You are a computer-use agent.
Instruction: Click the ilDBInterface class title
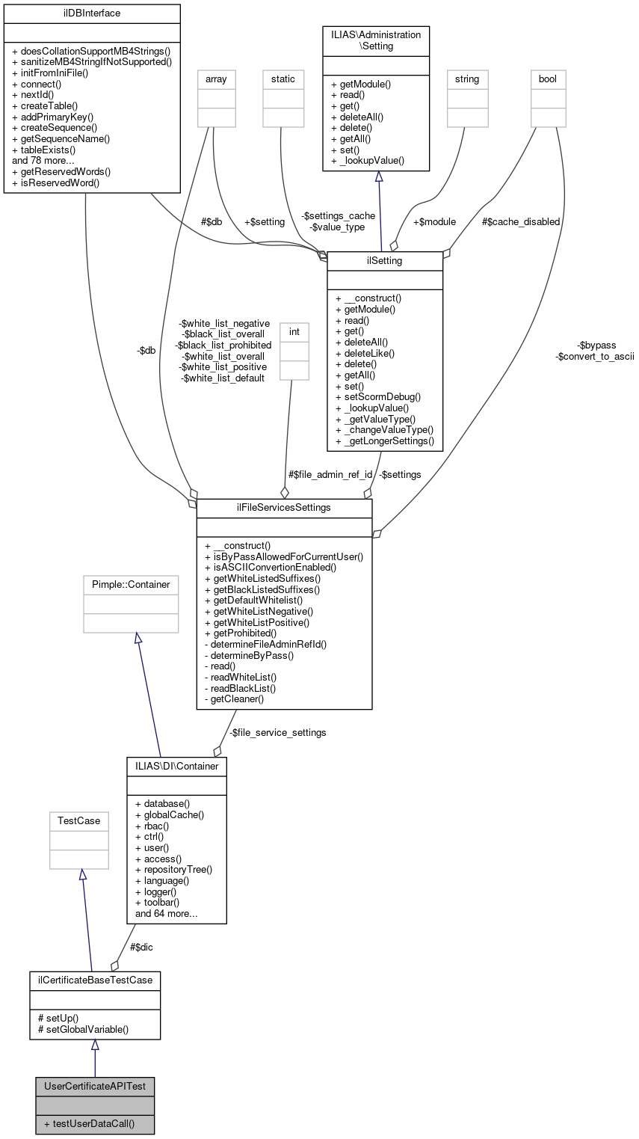(92, 13)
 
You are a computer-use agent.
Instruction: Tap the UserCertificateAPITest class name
(94, 1085)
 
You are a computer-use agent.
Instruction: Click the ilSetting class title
(385, 260)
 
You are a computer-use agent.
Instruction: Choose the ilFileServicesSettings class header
(284, 508)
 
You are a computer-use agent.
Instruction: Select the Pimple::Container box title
(131, 584)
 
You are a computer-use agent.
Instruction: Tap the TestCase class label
(79, 820)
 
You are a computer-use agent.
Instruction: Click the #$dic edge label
(141, 947)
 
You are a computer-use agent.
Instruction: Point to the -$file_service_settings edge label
(277, 732)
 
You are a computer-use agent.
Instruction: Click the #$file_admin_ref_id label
(330, 474)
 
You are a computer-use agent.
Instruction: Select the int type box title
(294, 330)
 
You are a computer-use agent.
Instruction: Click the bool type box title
(548, 79)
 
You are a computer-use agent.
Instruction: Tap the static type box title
(283, 79)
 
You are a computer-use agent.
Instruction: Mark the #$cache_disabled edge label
(520, 221)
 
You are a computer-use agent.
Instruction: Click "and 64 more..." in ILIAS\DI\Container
(166, 913)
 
